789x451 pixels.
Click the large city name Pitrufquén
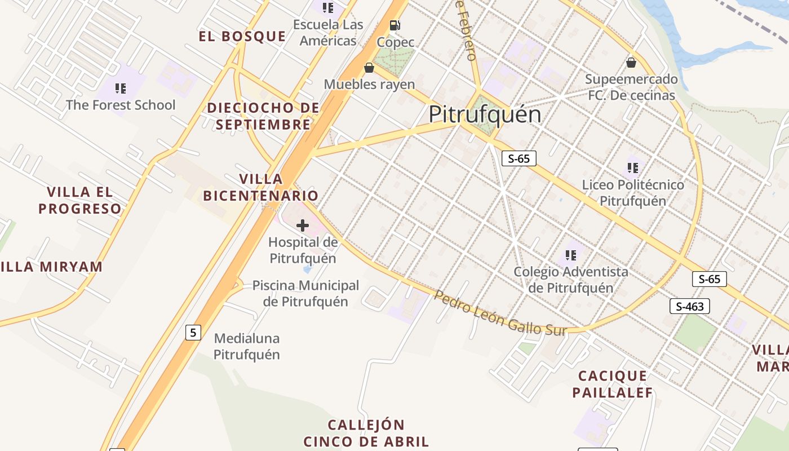click(x=485, y=114)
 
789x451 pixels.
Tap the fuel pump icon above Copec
click(x=395, y=25)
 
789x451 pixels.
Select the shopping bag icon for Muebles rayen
click(x=369, y=68)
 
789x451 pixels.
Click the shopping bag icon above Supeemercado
click(x=631, y=62)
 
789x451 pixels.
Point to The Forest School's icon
click(x=120, y=89)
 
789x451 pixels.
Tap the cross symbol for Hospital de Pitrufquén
click(x=303, y=226)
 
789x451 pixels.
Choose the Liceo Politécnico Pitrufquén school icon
click(x=632, y=167)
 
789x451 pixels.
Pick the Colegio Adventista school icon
click(x=571, y=255)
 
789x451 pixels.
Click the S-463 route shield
click(x=689, y=307)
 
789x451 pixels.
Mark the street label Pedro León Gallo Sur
click(x=500, y=313)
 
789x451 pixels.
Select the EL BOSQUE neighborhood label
click(x=242, y=37)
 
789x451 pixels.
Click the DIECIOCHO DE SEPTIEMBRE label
click(x=263, y=116)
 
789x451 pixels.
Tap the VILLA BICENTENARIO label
click(x=261, y=188)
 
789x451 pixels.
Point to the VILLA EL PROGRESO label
click(x=80, y=200)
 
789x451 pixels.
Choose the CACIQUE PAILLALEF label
click(x=613, y=384)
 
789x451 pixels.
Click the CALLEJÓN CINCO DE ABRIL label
click(x=366, y=433)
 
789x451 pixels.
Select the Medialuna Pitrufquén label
click(x=247, y=347)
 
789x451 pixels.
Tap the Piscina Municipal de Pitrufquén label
click(x=305, y=293)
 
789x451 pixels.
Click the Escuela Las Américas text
click(x=328, y=33)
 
